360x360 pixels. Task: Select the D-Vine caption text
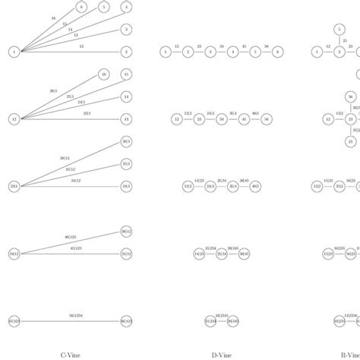point(222,354)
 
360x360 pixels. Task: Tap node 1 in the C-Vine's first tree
point(14,52)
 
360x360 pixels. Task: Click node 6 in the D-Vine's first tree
point(278,52)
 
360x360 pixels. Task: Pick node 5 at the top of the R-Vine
point(339,30)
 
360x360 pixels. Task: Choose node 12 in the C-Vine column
point(14,119)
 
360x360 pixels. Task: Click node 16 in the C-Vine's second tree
point(103,74)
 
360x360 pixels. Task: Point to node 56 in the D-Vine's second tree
point(267,119)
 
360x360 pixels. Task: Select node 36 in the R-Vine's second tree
point(350,96)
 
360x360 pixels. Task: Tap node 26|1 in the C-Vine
point(126,141)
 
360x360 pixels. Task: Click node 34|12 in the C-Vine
point(14,254)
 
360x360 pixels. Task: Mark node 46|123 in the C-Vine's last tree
point(126,321)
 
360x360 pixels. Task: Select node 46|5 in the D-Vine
point(255,186)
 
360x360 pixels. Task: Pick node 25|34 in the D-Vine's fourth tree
point(222,254)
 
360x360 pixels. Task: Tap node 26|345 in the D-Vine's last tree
point(233,321)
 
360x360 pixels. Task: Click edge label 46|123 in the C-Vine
point(68,238)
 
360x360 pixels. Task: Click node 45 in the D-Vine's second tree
point(244,119)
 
